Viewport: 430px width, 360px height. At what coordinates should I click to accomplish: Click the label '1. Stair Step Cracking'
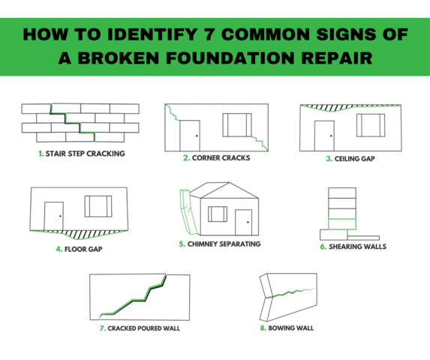pos(80,153)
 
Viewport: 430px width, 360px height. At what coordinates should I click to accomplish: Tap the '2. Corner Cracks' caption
pos(216,158)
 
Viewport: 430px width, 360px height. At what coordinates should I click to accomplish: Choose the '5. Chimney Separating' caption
pos(219,244)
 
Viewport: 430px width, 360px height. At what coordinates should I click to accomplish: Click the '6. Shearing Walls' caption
pos(353,246)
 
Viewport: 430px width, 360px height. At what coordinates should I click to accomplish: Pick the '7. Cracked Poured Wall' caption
pos(140,328)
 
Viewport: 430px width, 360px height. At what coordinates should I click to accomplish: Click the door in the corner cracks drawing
pos(189,133)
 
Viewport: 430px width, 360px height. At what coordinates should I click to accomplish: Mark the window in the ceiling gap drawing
pos(370,125)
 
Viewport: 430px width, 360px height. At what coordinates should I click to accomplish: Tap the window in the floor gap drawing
pos(98,205)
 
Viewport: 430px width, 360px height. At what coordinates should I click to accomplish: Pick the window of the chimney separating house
pos(217,214)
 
